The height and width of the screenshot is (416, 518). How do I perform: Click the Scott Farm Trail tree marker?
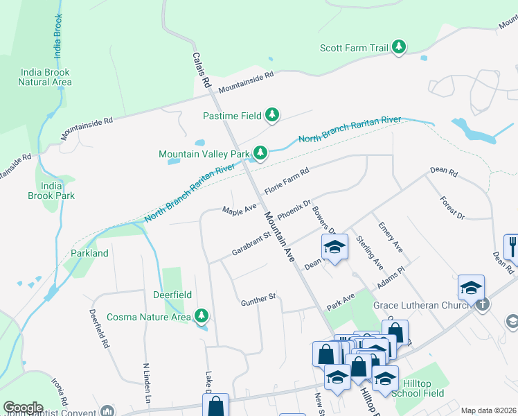click(x=398, y=47)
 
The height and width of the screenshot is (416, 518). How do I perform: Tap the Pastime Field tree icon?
click(x=273, y=115)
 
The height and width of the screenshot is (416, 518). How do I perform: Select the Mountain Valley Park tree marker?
click(x=260, y=153)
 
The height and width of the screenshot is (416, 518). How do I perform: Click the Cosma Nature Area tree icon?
click(x=202, y=317)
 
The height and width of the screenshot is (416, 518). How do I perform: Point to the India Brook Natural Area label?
click(x=46, y=77)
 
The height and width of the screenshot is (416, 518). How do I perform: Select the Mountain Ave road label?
click(x=279, y=236)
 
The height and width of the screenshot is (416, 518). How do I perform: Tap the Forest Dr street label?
click(x=452, y=207)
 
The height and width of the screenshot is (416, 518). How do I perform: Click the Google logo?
click(x=24, y=407)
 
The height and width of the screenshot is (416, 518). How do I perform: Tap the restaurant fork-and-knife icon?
click(x=512, y=245)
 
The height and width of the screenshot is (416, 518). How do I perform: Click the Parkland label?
click(x=89, y=253)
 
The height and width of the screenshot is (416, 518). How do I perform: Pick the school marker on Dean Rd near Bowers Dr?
click(x=334, y=248)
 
